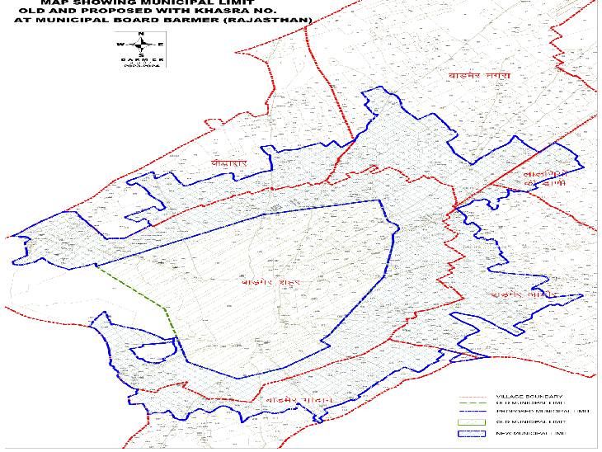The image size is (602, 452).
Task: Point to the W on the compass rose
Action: coord(120,44)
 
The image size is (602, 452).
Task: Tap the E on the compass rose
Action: coord(162,44)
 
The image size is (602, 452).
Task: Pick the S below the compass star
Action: coord(141,54)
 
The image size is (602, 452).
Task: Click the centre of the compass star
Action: coord(141,44)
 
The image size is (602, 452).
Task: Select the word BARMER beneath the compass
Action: coord(141,61)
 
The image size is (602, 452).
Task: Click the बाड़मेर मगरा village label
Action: coord(468,77)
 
